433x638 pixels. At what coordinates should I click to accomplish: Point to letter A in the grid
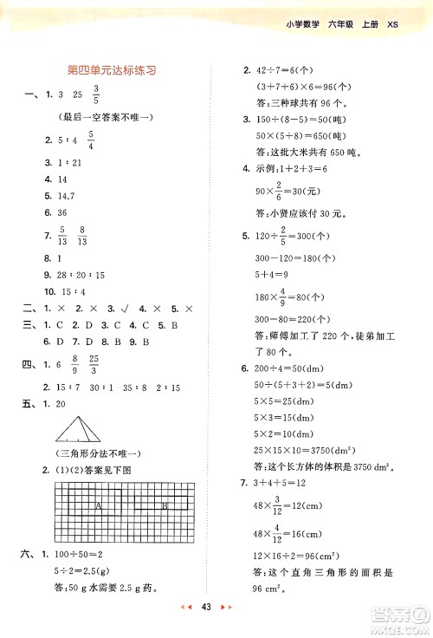click(x=100, y=504)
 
